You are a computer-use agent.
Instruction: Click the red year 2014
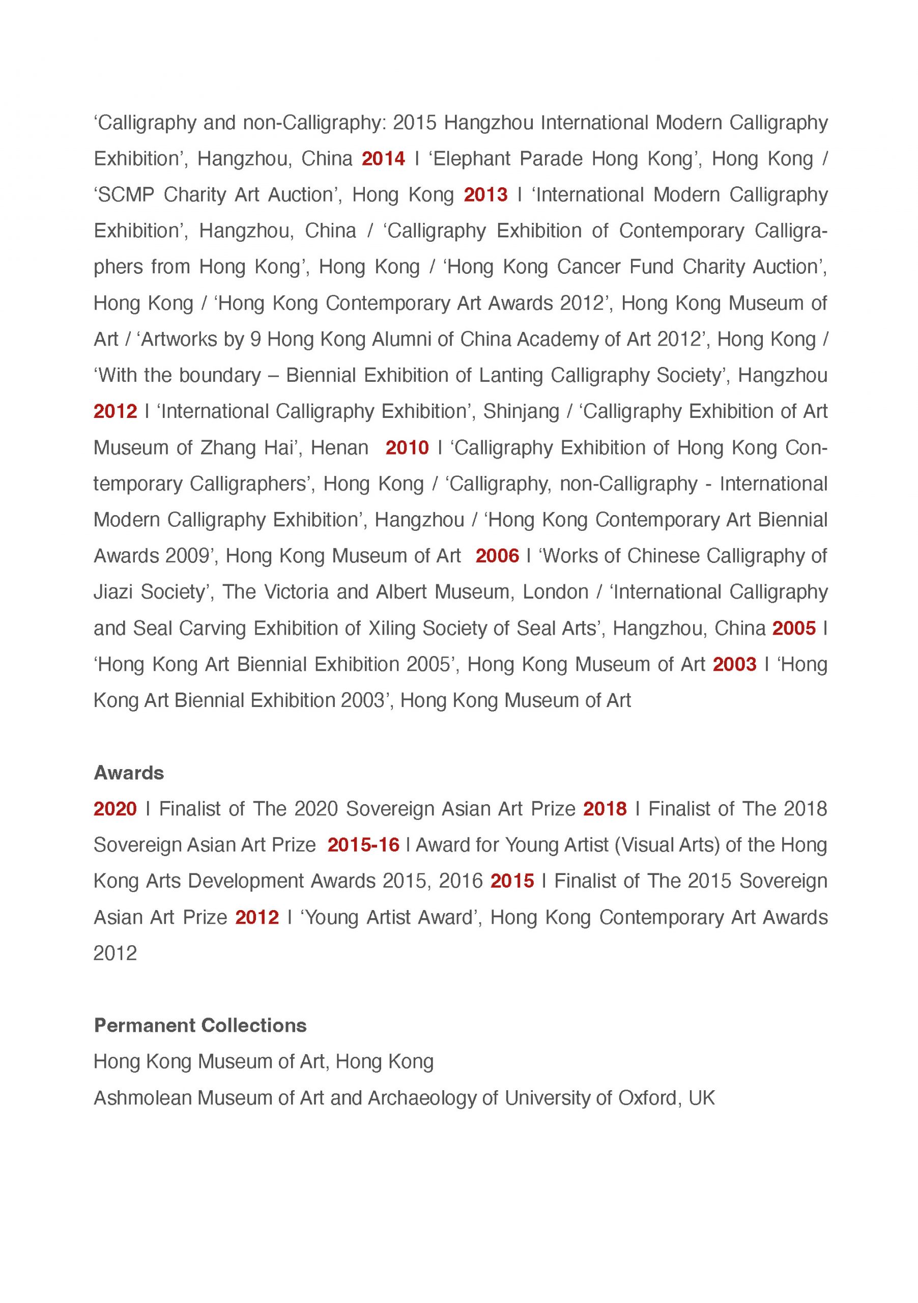coord(384,158)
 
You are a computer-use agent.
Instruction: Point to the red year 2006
coord(497,556)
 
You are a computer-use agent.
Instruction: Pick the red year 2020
coord(115,809)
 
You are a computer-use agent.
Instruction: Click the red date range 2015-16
coord(363,845)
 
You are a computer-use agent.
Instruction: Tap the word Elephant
coord(472,158)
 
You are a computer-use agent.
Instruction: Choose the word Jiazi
coord(113,592)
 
